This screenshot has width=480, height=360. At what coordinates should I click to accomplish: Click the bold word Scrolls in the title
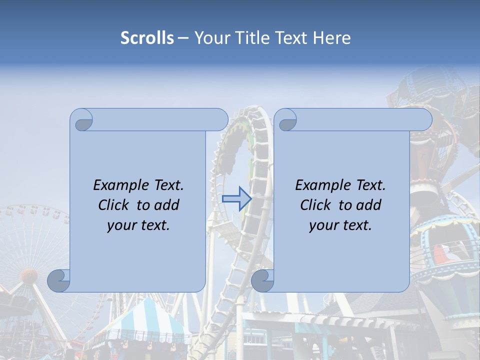(147, 38)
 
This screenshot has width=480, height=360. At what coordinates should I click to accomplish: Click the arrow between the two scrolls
(236, 199)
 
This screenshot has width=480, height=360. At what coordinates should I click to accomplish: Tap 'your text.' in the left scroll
(138, 225)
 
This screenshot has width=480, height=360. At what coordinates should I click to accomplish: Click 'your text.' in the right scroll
(340, 225)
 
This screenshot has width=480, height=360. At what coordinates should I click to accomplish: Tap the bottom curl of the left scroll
(59, 280)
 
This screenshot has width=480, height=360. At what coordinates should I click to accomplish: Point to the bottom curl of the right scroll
(262, 280)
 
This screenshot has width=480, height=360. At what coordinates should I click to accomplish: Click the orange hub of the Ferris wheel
(28, 275)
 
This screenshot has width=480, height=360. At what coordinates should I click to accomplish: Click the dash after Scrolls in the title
(182, 38)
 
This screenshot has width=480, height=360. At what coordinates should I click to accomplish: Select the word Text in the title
(290, 38)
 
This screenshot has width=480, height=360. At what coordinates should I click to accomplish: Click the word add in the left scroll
(166, 205)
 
